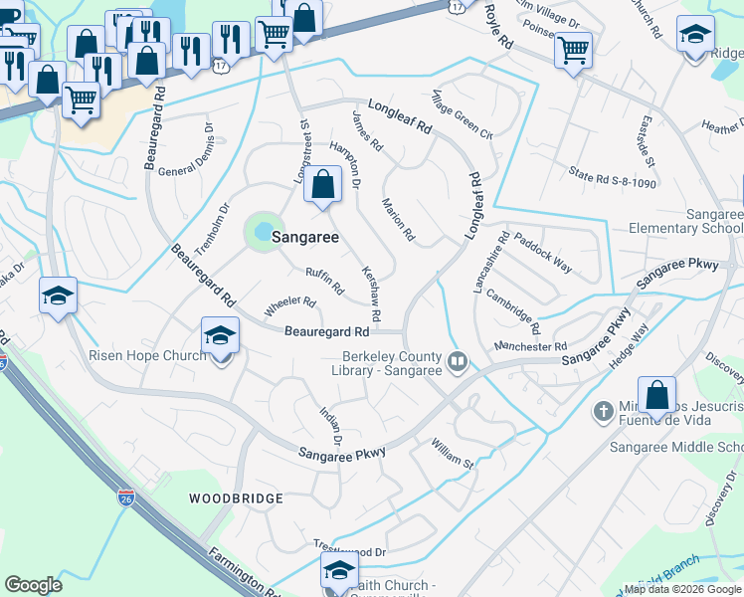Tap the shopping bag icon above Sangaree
322,185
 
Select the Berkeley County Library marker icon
458,360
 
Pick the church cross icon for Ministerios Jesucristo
602,410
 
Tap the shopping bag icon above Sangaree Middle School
656,396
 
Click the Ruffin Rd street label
324,282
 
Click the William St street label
453,454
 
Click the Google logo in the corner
33,585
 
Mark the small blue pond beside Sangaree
263,233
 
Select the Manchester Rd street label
530,346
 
